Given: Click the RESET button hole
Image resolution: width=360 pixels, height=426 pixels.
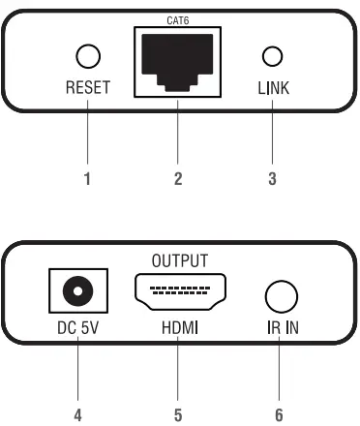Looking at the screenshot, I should [88, 56].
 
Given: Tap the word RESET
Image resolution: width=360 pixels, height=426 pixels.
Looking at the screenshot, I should [88, 89].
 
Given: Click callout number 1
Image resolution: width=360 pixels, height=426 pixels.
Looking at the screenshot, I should [88, 178].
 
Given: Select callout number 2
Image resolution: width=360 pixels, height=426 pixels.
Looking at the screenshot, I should [178, 178].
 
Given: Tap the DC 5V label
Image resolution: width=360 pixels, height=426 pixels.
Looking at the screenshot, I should [76, 328].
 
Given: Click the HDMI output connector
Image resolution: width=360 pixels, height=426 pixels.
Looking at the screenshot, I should [179, 292].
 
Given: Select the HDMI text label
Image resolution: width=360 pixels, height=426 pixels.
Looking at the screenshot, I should [179, 328].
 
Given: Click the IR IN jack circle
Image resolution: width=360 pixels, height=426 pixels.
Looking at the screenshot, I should [279, 294].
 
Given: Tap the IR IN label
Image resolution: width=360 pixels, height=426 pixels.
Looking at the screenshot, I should [280, 328].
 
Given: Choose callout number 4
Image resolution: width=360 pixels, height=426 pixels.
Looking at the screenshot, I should [76, 414].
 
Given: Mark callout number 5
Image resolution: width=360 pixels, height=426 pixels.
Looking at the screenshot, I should [178, 414].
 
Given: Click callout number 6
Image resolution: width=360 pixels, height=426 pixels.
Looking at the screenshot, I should [280, 414].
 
